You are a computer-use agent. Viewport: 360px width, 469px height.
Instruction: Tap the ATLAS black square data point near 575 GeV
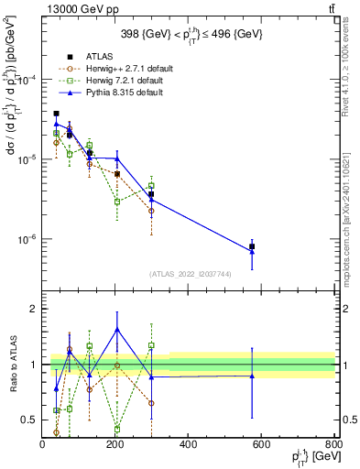[252, 246]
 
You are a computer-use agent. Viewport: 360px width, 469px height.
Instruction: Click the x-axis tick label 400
[189, 443]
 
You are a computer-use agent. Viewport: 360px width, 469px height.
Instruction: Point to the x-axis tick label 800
[333, 443]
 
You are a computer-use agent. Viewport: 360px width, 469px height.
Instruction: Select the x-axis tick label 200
[115, 443]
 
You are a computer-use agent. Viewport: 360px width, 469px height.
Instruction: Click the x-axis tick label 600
[261, 443]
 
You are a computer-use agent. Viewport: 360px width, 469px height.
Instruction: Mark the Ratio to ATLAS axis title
[12, 364]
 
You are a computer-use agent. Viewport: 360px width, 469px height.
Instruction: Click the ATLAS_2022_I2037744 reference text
[189, 273]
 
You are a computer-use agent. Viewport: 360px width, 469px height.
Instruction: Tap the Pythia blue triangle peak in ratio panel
[117, 329]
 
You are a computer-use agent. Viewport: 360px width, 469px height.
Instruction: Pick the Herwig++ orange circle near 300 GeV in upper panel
[151, 211]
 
